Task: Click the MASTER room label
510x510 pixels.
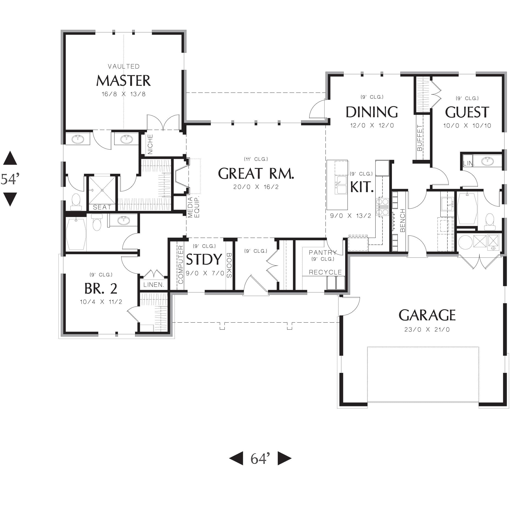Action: [x=123, y=81]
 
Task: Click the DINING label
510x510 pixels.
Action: [x=372, y=112]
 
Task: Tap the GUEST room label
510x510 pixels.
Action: [x=467, y=112]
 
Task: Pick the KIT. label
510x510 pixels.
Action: [x=362, y=187]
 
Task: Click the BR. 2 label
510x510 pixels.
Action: [x=101, y=288]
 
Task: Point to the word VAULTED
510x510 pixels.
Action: [x=124, y=66]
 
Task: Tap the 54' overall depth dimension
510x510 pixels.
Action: [x=10, y=179]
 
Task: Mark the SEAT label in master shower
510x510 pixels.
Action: [x=102, y=207]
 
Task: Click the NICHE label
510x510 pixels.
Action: [x=150, y=144]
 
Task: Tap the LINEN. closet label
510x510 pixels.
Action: [x=154, y=285]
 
